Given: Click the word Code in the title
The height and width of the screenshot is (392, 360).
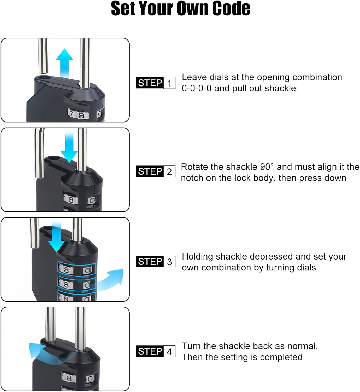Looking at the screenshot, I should pos(231,8).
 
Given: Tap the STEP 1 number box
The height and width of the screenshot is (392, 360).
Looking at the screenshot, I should pos(169,83).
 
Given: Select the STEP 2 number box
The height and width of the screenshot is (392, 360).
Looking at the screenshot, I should pos(169,171).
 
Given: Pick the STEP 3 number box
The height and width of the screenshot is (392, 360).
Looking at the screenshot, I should pos(169,262).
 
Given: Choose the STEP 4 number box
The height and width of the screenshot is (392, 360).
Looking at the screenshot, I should pos(169,351).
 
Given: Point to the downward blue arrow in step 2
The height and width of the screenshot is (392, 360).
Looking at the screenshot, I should pos(69,148).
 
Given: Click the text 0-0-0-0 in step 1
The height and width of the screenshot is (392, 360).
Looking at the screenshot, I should pos(197,88).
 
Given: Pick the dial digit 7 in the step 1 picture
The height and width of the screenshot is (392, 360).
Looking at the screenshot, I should pos(71,113).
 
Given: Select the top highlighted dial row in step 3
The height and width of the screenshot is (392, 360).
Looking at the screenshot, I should pos(76,269).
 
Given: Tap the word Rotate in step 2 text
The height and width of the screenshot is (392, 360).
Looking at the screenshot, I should pos(193,167).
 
